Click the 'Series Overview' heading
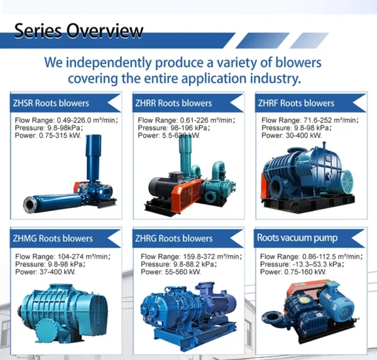pos(79,31)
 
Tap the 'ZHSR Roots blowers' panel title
pos(51,103)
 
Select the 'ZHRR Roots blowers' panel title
pos(173,103)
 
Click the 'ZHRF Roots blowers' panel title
pos(296,103)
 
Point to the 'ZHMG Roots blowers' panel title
pos(53,238)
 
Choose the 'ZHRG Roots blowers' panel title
pos(174,238)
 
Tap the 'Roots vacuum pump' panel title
pos(297,238)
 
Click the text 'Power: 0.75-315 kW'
pos(48,135)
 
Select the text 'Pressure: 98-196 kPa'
pos(174,128)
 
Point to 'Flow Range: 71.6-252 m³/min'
pos(310,120)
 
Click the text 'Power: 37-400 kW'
pos(45,272)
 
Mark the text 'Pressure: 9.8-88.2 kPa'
pos(178,265)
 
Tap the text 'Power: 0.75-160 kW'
pos(293,272)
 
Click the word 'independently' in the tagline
pos(109,63)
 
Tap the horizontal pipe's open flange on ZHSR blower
pos(30,205)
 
